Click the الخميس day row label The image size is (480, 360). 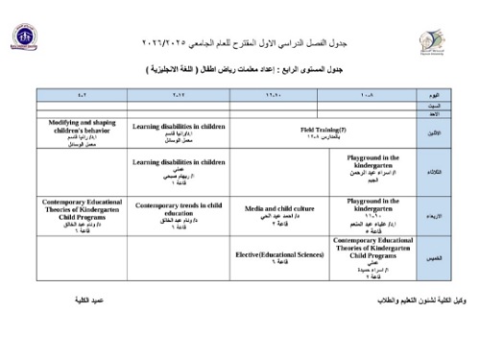coord(435,258)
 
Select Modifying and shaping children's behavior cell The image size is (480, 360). coord(81,132)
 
